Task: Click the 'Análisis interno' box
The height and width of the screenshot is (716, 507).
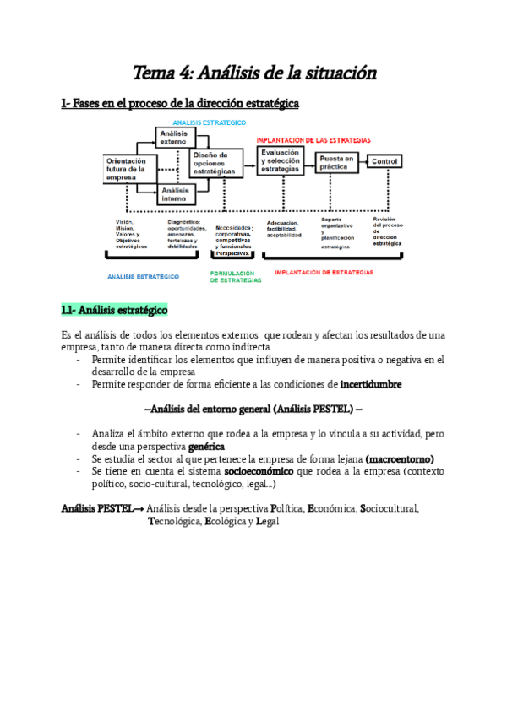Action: (176, 194)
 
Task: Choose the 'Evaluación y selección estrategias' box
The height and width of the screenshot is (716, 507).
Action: (281, 160)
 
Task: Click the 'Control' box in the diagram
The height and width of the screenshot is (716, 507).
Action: (384, 161)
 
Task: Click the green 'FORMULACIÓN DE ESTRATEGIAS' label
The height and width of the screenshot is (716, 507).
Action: (236, 276)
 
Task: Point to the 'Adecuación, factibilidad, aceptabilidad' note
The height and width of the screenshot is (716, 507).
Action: (284, 228)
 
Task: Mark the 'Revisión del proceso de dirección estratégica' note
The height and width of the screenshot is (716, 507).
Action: (387, 231)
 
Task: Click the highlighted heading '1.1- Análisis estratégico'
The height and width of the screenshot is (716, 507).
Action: (114, 310)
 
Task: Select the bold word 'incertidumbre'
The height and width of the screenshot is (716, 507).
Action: (371, 384)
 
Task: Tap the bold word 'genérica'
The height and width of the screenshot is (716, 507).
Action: (206, 446)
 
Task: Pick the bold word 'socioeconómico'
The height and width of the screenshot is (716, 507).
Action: (247, 471)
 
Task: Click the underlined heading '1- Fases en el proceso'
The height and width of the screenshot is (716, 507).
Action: (179, 104)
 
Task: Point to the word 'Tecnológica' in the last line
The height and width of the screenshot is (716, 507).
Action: (175, 522)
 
